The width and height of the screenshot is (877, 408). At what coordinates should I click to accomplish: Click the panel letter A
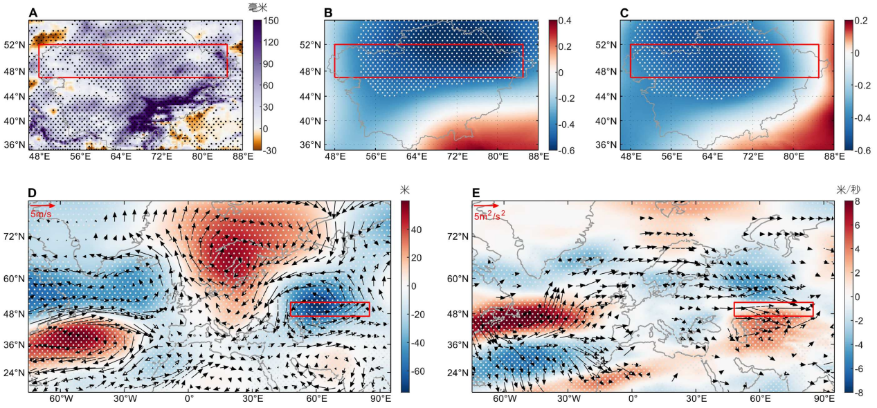tap(33, 13)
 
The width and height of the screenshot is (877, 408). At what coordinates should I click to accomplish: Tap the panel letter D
tap(32, 193)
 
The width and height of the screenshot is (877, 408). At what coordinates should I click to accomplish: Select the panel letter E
tap(476, 193)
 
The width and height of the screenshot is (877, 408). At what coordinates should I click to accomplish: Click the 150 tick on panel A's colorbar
tap(271, 21)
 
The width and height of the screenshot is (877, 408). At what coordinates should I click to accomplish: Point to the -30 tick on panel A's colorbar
tap(270, 150)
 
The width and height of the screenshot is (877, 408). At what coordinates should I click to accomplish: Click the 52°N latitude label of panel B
tap(312, 45)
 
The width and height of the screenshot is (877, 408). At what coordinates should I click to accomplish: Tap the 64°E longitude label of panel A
tap(121, 156)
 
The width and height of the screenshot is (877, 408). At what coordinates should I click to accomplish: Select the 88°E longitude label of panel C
tap(834, 156)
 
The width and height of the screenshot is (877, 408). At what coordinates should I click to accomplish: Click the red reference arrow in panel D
tap(42, 205)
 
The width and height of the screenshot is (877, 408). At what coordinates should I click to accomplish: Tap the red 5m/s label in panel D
tap(41, 214)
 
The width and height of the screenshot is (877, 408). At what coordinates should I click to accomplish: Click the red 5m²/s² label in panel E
tap(489, 215)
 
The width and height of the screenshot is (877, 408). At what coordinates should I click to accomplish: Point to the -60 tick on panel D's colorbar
tap(418, 371)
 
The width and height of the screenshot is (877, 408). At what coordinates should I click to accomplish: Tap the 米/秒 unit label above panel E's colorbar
tap(848, 190)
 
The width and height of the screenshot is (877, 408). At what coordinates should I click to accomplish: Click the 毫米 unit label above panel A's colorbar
tap(258, 7)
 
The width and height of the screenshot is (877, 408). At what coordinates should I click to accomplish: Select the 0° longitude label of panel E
tap(633, 398)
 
